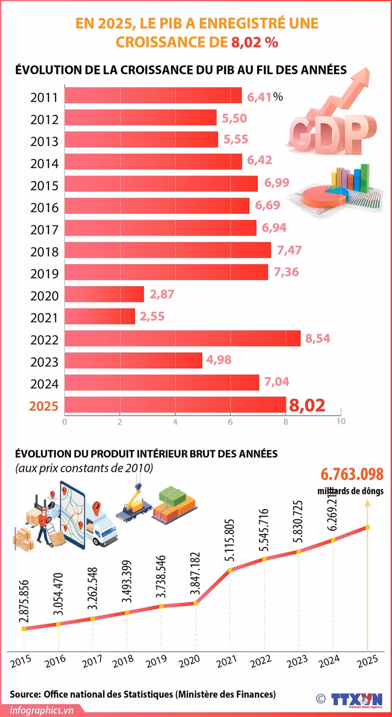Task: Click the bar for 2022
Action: click(x=182, y=338)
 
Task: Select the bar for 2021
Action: click(x=99, y=316)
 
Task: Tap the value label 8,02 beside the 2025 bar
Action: click(x=307, y=405)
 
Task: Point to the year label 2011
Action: click(x=44, y=97)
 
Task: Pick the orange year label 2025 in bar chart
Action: click(x=44, y=406)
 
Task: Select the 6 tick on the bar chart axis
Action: click(x=229, y=421)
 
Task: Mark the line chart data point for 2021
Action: click(x=229, y=570)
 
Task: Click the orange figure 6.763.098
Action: click(x=352, y=475)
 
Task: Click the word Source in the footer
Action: click(x=24, y=694)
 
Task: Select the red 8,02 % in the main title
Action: click(x=254, y=42)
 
